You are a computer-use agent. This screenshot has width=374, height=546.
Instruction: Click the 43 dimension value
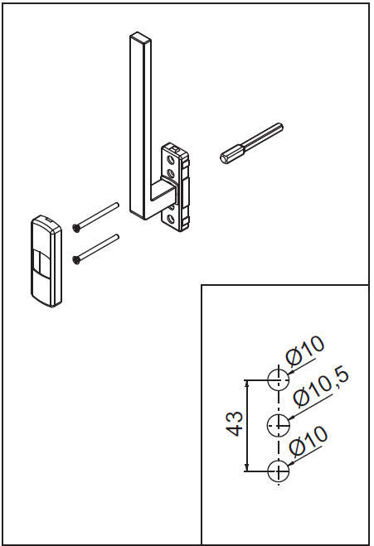(235, 423)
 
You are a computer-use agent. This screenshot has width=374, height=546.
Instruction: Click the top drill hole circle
(279, 379)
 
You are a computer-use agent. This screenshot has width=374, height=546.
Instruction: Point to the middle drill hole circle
(279, 424)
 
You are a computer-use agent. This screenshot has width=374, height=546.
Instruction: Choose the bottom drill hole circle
(279, 471)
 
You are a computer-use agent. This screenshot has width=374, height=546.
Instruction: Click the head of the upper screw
(76, 228)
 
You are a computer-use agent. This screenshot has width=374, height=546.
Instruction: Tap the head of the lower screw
(76, 260)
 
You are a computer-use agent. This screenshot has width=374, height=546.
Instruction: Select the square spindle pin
(251, 143)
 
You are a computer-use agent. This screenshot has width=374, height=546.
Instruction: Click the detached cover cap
(46, 261)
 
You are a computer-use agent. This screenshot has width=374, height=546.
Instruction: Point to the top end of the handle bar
(140, 36)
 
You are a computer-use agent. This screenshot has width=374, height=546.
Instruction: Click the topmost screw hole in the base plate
(171, 160)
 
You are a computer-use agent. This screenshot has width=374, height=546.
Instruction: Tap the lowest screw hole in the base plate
(171, 220)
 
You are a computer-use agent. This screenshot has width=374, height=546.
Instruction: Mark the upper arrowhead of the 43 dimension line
(247, 383)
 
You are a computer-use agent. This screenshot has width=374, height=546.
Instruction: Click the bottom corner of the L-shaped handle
(144, 219)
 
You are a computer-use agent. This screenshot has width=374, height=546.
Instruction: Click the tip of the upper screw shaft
(117, 205)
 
